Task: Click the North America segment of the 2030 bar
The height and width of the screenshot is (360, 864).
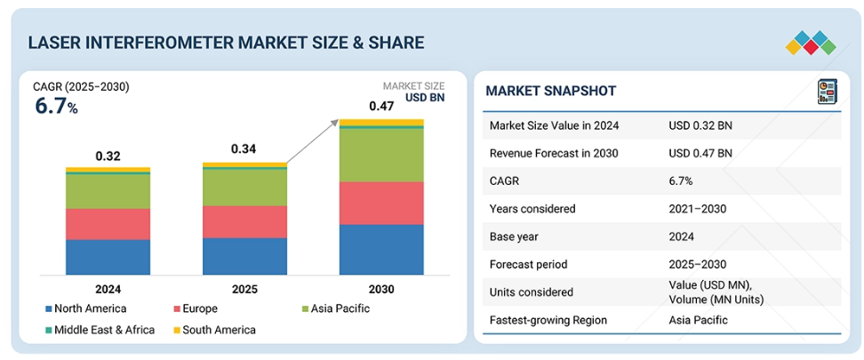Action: [x=381, y=249]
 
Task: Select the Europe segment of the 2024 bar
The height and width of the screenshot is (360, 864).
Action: [x=108, y=224]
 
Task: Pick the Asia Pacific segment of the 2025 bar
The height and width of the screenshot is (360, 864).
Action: [x=244, y=187]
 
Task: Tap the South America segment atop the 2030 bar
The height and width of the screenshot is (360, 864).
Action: [x=381, y=122]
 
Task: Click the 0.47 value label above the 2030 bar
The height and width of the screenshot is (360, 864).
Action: [x=381, y=107]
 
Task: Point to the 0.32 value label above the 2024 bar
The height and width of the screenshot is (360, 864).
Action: [x=108, y=156]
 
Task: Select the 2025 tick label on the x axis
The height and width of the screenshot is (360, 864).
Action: [x=244, y=290]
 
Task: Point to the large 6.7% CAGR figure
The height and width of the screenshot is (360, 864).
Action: [x=56, y=107]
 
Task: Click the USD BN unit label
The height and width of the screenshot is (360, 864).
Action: [x=424, y=98]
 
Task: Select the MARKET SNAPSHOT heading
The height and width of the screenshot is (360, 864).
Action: [x=551, y=92]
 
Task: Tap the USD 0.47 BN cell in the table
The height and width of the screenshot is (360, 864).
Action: [x=700, y=153]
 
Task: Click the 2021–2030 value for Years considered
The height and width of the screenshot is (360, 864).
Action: [x=698, y=209]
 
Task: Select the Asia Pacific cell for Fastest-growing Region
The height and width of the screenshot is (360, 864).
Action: [x=698, y=320]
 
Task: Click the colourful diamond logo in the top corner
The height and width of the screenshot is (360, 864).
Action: [x=811, y=41]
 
